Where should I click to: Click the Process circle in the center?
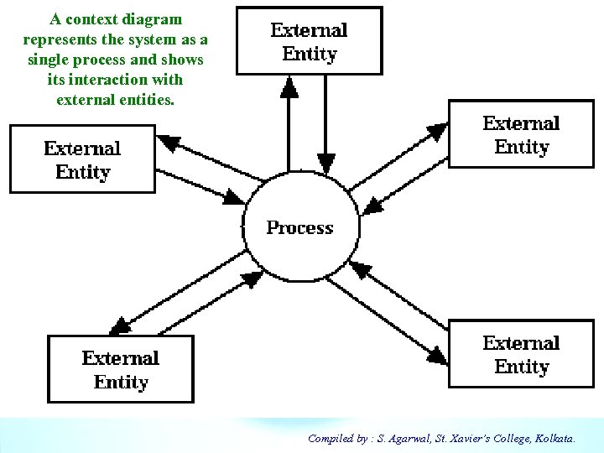tap(299, 228)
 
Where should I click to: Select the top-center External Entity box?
tap(309, 41)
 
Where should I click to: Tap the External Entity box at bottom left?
tap(121, 369)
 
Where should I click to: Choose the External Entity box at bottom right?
tap(521, 354)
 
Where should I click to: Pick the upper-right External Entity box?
tap(521, 135)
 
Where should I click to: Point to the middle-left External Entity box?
tap(82, 159)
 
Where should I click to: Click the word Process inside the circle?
tap(299, 227)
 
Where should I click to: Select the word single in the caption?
tap(49, 60)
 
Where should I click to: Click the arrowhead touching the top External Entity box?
tap(289, 87)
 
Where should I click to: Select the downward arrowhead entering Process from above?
tap(325, 162)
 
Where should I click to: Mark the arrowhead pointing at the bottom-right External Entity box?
tap(437, 356)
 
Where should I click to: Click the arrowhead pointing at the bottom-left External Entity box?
tap(120, 325)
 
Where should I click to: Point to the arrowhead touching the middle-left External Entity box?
tap(169, 144)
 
